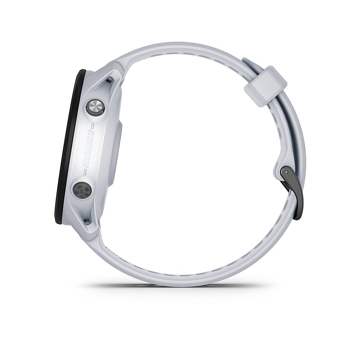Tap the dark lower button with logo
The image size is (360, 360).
pos(82,189)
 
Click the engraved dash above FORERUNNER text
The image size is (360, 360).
pos(93,126)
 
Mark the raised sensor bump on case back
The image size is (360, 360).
pos(120,151)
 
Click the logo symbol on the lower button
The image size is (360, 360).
pos(82,189)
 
